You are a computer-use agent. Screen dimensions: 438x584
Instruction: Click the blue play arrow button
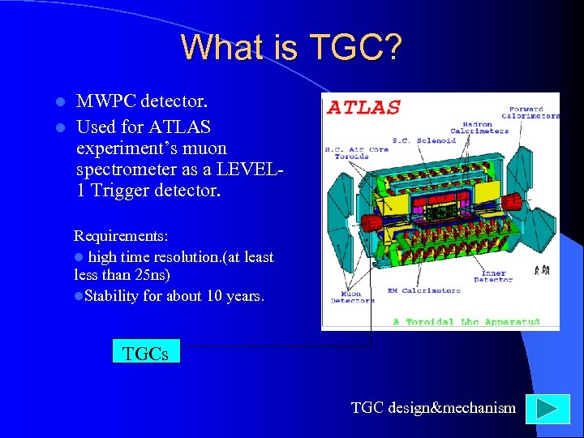pos(542,408)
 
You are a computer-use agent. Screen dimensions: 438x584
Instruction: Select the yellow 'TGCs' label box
pos(145,353)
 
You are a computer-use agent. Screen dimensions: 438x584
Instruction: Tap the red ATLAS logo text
pos(363,107)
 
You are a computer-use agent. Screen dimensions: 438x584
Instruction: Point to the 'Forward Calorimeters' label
pos(534,112)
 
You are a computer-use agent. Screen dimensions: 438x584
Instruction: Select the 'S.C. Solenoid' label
pos(424,140)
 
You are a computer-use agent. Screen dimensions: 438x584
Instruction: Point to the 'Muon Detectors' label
pos(352,297)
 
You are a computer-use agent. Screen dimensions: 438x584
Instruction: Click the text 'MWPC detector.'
pos(142,102)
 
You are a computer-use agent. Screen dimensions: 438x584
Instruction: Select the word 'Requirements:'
pos(121,236)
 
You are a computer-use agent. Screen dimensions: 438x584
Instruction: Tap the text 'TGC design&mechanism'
pos(433,408)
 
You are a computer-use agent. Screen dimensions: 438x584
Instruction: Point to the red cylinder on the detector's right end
pos(519,221)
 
